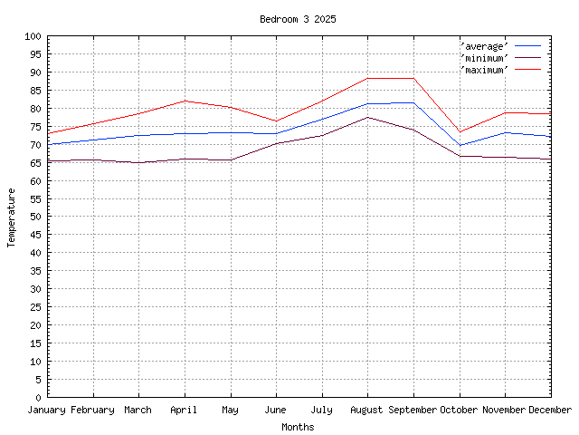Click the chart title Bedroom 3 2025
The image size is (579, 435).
pos(298,19)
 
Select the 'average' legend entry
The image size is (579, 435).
pos(485,45)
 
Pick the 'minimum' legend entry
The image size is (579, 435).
pos(485,57)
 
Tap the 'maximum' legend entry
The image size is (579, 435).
pos(485,69)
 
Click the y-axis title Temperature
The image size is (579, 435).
pos(12,217)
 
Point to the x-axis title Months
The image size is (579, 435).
pos(298,427)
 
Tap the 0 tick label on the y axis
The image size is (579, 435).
pos(39,398)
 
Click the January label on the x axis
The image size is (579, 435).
pos(48,411)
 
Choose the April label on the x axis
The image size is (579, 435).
pos(185,411)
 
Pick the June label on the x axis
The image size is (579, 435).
pos(276,411)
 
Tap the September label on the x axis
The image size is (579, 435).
pos(413,411)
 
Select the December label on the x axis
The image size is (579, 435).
pos(550,411)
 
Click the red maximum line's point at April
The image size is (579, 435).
pos(185,101)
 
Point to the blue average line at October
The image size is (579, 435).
pos(460,145)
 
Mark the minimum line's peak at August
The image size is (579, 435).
pos(367,117)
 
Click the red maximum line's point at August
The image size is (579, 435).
pos(367,78)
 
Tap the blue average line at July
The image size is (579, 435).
pos(322,119)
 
